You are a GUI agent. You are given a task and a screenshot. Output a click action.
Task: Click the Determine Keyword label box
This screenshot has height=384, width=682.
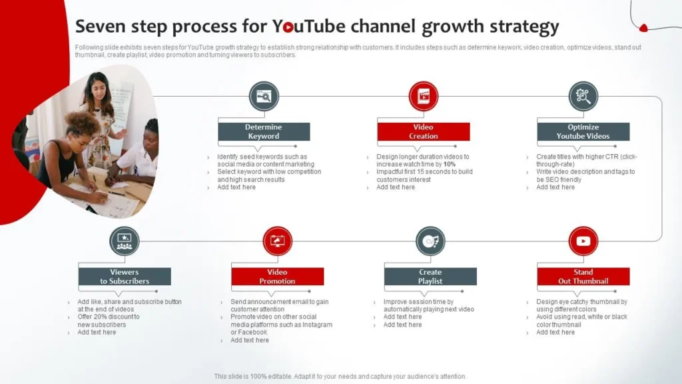tap(264, 131)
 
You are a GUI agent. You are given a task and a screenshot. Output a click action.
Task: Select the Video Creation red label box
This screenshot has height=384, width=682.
tap(424, 131)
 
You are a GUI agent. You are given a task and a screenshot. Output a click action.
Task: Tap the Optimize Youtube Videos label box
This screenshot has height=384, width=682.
tap(583, 131)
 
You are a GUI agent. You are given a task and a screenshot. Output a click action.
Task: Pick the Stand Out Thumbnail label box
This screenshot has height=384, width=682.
tap(583, 277)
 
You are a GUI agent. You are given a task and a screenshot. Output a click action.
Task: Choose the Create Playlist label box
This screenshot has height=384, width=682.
tap(430, 277)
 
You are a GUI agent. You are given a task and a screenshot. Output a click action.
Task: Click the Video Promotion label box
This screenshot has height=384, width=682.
tap(278, 277)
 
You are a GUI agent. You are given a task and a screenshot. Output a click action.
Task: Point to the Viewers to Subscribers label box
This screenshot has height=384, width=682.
tap(125, 277)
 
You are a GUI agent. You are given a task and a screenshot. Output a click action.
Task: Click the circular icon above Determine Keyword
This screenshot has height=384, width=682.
tap(264, 96)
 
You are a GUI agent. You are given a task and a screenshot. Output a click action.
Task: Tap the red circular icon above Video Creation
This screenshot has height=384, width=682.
tap(424, 96)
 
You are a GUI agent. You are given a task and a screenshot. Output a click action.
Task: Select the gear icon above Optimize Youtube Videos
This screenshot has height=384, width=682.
tap(583, 96)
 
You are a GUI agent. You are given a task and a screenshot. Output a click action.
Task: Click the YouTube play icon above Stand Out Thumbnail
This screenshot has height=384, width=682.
tap(583, 241)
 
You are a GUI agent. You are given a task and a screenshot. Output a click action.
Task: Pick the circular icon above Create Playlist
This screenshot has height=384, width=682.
tap(430, 241)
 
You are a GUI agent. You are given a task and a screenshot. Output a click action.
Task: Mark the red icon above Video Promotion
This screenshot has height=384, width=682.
tap(278, 241)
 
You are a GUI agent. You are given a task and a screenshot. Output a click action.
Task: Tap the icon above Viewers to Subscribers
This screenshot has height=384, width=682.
tap(125, 241)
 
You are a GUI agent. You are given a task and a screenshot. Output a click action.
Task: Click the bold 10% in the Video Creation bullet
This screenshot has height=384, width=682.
tap(450, 164)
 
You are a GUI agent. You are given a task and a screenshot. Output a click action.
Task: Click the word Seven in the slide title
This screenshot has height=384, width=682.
tap(99, 27)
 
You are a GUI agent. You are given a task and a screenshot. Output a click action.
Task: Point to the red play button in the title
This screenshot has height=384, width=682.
tap(288, 27)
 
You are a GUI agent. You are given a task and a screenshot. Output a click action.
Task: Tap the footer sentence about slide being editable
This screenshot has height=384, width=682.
tap(340, 376)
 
